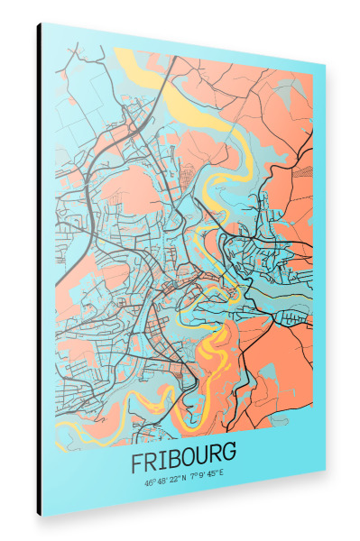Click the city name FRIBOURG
click(184, 463)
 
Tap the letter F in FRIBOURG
click(137, 463)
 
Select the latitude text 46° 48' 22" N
click(164, 481)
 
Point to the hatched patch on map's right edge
click(308, 167)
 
